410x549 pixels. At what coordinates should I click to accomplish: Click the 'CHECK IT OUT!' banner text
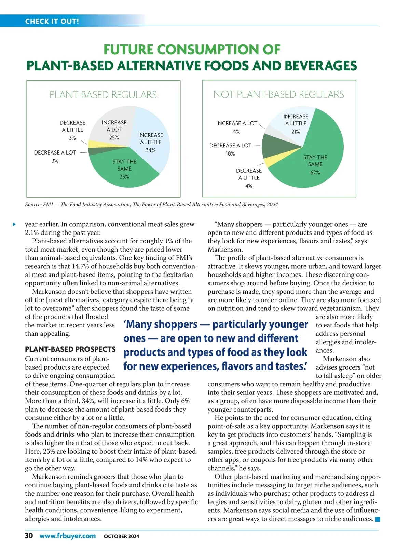(x=52, y=21)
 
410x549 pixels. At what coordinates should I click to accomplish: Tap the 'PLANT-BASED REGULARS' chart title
(x=103, y=95)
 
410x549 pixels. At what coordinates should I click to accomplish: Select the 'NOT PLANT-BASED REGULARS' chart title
(x=279, y=94)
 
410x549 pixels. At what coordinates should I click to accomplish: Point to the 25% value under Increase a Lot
(x=114, y=138)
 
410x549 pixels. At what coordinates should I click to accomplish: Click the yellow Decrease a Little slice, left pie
(x=94, y=144)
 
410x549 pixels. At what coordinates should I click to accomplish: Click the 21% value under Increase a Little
(x=296, y=132)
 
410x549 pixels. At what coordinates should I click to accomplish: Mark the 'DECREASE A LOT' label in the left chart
(x=55, y=152)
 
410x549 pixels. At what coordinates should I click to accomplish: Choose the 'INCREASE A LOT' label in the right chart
(x=236, y=123)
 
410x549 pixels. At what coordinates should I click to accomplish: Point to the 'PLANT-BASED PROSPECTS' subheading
(x=70, y=349)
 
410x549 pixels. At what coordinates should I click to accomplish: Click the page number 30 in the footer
(x=29, y=536)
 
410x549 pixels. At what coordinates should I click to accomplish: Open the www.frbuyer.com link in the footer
(x=67, y=536)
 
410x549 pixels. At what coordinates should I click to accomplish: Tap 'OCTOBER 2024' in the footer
(x=121, y=536)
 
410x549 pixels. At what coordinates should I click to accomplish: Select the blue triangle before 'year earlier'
(x=14, y=224)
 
